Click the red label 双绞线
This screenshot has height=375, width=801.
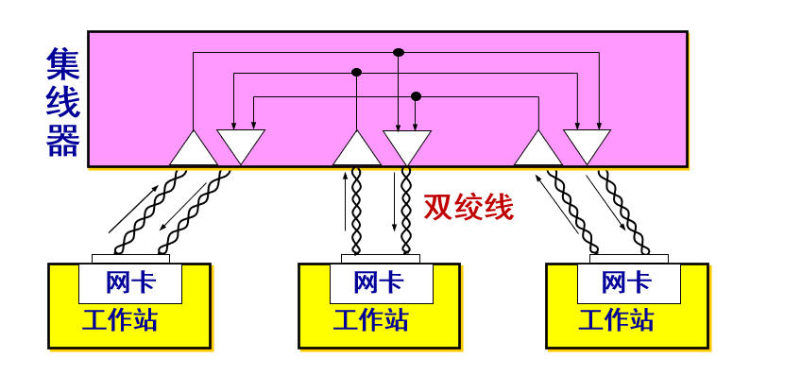469,207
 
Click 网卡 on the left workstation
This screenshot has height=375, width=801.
130,282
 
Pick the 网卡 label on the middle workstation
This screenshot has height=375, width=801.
379,282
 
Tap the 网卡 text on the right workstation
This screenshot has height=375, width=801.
627,282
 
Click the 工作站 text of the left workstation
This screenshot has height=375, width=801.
120,319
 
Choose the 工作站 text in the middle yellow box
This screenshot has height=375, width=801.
371,319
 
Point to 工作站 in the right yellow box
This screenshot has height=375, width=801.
617,319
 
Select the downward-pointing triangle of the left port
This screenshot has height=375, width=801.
241,144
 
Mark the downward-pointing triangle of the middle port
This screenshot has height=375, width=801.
407,144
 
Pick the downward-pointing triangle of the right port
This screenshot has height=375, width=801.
588,144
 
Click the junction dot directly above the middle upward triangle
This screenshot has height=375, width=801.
357,72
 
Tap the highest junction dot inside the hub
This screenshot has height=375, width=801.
398,52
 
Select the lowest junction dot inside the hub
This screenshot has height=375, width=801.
416,96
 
